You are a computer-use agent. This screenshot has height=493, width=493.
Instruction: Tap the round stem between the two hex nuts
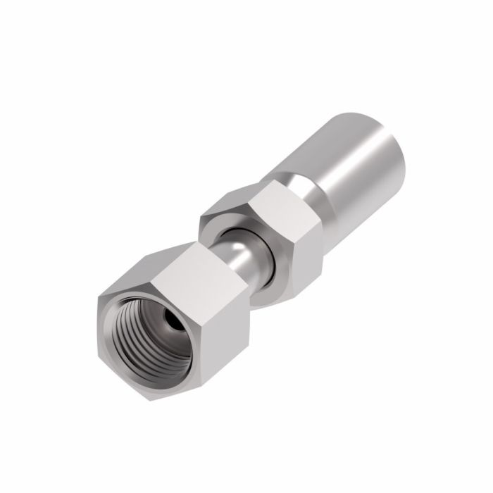pos(243,257)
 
